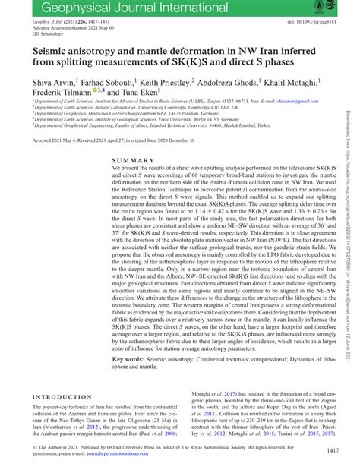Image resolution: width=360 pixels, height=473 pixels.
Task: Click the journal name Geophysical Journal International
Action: [112, 8]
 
